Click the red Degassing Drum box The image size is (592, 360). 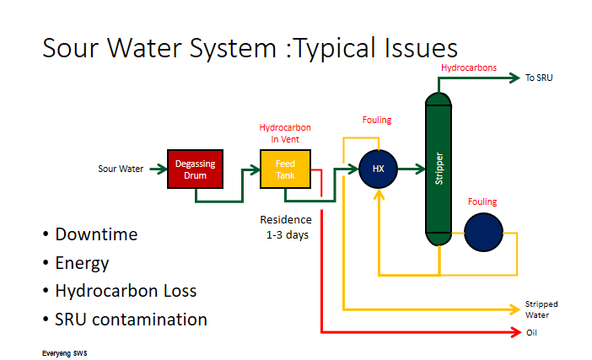tap(196, 169)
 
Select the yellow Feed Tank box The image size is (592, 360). tap(285, 169)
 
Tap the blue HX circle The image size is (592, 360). tap(378, 169)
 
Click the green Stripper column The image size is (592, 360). tap(439, 169)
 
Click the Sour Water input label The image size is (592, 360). tap(121, 169)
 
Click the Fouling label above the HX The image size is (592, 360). tap(377, 121)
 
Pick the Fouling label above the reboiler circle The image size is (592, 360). tap(482, 202)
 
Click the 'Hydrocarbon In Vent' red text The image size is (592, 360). tap(279, 133)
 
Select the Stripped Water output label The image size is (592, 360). tap(541, 309)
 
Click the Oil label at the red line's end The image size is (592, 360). tap(532, 332)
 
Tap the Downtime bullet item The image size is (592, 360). tap(96, 234)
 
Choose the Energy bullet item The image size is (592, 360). tap(82, 263)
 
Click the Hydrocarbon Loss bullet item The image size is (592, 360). tap(126, 291)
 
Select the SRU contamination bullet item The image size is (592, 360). tap(131, 320)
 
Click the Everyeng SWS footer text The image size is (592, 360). tap(65, 352)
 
